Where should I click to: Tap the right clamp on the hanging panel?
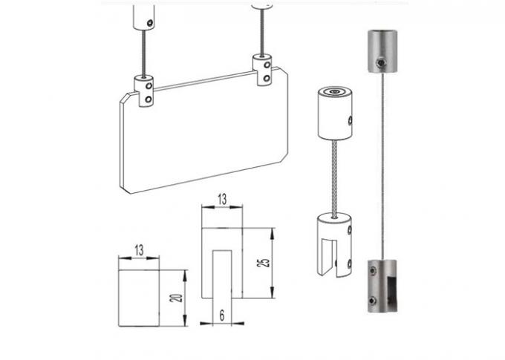pos(264,68)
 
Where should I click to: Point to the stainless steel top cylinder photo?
pos(382,51)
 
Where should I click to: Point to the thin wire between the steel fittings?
pos(385,163)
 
